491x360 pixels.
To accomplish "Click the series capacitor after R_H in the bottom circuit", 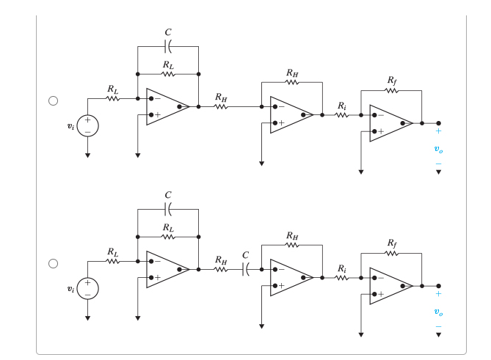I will pos(245,270).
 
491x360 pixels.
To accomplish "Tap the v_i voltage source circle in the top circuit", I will pos(87,125).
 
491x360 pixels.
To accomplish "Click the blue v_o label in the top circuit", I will pos(439,148).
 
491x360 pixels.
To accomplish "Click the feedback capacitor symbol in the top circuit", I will pos(168,47).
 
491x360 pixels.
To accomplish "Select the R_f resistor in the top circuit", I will pos(390,90).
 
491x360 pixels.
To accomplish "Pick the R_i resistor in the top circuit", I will pos(342,115).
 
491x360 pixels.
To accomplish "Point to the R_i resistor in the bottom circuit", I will pos(342,279).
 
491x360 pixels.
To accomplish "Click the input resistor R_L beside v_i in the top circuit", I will pos(112,98).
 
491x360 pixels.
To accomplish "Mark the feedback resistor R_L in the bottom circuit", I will pos(168,237).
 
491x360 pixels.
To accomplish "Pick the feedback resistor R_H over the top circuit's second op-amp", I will pos(291,82).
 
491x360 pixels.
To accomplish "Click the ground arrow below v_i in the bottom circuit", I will pos(87,318).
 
